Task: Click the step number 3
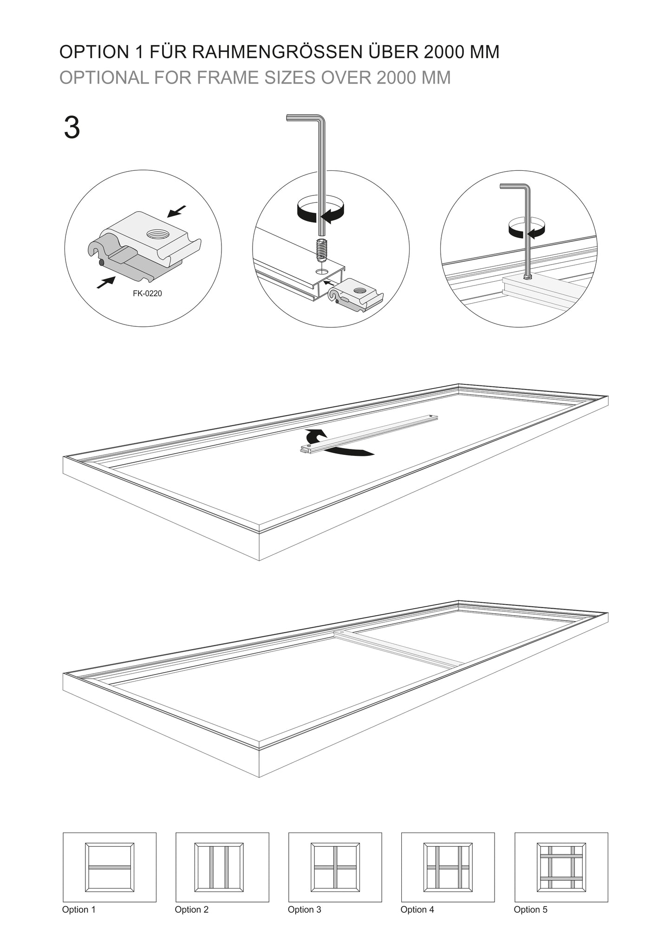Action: point(72,128)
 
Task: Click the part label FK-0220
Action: point(147,293)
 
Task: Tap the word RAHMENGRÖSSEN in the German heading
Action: point(277,52)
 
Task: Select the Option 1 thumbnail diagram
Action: point(110,867)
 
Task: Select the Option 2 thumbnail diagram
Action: point(222,867)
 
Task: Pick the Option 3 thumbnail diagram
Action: point(335,867)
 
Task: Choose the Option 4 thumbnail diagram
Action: point(448,867)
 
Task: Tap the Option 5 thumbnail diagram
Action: point(561,867)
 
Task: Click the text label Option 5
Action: point(530,909)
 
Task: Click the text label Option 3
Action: point(304,909)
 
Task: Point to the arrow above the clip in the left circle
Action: point(176,211)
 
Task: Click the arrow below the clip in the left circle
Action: point(106,282)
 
